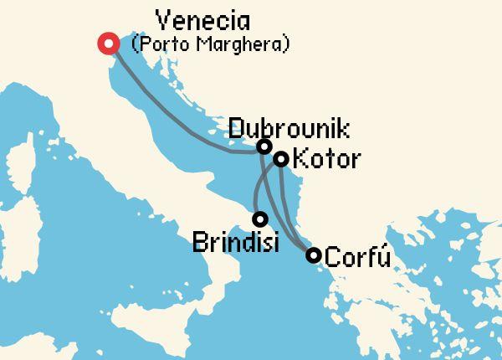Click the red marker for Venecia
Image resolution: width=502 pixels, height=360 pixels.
point(108,44)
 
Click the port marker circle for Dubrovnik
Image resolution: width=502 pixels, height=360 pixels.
point(264,147)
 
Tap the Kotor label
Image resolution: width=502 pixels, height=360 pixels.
point(328,159)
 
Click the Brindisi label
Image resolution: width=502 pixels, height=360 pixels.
point(236,243)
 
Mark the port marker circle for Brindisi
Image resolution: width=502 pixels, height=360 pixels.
point(260,219)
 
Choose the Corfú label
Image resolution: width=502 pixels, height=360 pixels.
point(357,256)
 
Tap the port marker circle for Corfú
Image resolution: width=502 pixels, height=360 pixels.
point(313,255)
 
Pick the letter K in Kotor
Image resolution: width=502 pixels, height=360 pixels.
point(303,159)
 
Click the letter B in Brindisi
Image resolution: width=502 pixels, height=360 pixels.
point(201,243)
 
